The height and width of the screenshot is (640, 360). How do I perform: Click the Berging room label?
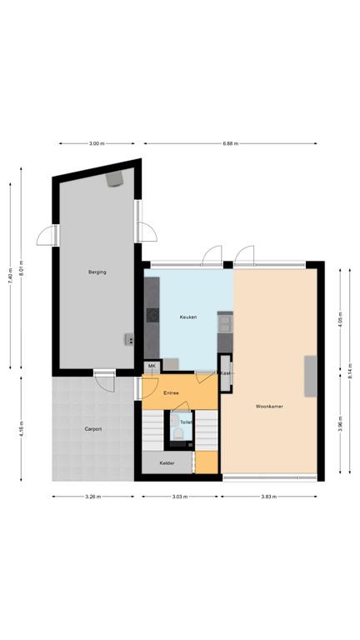point(97,272)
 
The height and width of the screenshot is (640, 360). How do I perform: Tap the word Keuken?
point(188,317)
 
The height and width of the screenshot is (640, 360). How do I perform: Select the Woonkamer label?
point(270,407)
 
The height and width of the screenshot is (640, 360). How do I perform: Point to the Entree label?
point(171,392)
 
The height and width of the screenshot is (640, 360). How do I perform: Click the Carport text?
point(92,429)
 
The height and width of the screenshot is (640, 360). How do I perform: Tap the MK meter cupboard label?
point(152,366)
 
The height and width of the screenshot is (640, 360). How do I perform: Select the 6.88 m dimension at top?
point(231,143)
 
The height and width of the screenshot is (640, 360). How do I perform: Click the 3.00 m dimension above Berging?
point(97,143)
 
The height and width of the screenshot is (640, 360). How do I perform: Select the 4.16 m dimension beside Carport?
point(21,430)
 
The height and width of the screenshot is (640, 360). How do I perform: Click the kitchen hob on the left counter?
point(152,315)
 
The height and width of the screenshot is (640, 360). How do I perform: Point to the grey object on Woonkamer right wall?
point(311,377)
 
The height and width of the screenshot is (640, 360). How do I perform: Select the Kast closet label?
point(225,373)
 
